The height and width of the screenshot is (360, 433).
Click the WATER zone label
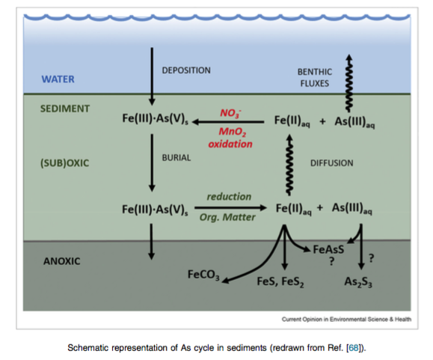tap(58, 79)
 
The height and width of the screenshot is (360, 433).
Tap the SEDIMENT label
tap(65, 109)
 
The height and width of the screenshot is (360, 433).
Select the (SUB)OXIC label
tap(64, 163)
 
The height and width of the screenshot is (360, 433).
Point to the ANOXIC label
tap(62, 261)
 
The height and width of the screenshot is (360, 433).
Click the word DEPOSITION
tap(186, 70)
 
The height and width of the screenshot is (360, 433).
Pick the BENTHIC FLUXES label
tap(315, 78)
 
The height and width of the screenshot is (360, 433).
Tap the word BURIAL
tap(176, 158)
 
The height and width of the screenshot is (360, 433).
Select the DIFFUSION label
tap(331, 163)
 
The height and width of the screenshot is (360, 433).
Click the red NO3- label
tap(230, 113)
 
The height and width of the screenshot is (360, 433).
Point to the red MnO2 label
tap(233, 132)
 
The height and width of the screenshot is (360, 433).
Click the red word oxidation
tap(230, 144)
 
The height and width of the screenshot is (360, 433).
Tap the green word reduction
tap(229, 196)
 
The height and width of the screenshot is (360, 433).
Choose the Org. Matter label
tap(227, 217)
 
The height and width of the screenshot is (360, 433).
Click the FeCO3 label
tap(204, 275)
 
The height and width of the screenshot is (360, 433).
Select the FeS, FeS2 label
tap(280, 282)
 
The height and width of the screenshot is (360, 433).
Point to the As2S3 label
tap(358, 282)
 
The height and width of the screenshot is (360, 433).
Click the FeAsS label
tap(328, 250)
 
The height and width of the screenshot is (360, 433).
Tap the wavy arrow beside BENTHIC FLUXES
tap(349, 83)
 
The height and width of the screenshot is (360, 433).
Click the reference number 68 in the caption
tap(354, 347)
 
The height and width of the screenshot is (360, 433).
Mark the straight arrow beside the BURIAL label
tap(152, 163)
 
